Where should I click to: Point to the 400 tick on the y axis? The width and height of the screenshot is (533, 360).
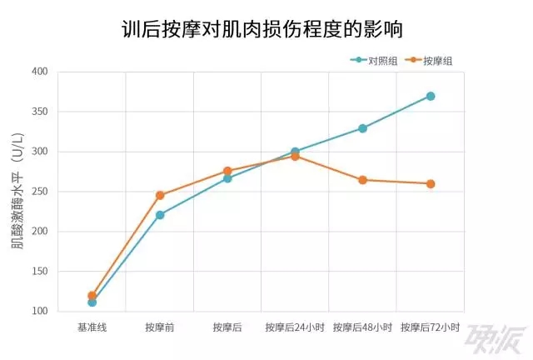[x=40, y=72]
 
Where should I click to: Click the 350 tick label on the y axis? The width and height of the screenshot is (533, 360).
[x=40, y=112]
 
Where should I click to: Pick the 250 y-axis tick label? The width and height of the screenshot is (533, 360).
[x=40, y=192]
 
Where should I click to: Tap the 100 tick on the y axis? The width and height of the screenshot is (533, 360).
[x=40, y=312]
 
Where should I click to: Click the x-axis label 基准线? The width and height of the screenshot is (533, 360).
[x=92, y=327]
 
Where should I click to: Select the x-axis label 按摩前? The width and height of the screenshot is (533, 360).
[x=159, y=327]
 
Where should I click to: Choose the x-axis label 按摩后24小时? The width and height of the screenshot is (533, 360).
[x=295, y=327]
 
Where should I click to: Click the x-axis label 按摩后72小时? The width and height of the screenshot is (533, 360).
[x=431, y=327]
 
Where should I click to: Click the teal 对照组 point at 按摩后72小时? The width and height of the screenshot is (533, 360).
[x=431, y=96]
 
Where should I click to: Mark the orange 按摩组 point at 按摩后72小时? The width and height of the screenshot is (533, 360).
[x=431, y=183]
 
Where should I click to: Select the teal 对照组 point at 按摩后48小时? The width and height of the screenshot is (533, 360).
[x=363, y=128]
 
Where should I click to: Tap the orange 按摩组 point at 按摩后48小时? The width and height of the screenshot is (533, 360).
[x=363, y=180]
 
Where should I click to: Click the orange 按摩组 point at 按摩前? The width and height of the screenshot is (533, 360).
[x=160, y=195]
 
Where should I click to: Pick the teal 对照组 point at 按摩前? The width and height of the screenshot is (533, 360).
[x=160, y=215]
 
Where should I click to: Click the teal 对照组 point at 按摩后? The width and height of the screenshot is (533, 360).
[x=227, y=178]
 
